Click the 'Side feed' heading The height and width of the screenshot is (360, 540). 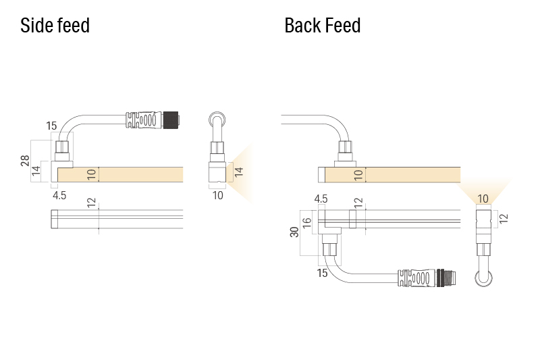pos(55,26)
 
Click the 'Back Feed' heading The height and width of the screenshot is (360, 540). pos(322,26)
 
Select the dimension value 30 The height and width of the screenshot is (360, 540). pos(294,232)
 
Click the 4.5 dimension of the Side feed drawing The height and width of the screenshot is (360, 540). pos(59,196)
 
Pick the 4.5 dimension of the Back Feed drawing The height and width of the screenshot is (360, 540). pos(321,199)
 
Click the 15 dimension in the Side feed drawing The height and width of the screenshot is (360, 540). pos(52,126)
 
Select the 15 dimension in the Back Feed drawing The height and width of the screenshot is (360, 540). pos(322,273)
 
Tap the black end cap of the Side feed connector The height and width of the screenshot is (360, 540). pos(171,120)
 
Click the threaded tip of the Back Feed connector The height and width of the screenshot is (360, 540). pos(446,277)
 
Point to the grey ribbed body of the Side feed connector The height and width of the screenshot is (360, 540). pos(144,120)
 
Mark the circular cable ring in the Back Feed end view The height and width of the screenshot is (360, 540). pos(483,277)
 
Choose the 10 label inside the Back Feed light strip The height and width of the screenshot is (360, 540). pos(359,175)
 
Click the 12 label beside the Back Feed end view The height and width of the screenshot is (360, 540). pos(503,217)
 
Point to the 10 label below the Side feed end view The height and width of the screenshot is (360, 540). pos(217,196)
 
